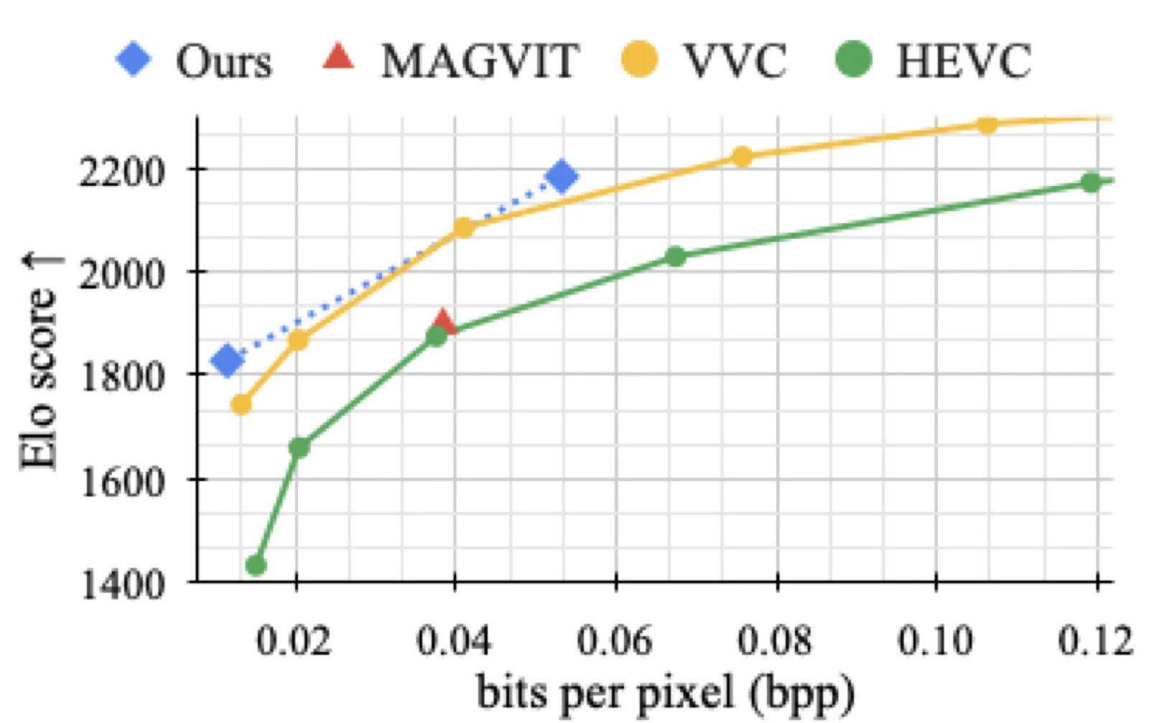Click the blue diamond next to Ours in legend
(x=134, y=60)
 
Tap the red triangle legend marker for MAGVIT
(x=338, y=57)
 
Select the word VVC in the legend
(x=735, y=61)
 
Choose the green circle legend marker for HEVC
(x=853, y=59)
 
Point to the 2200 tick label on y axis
(x=121, y=172)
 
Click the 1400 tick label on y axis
(x=121, y=584)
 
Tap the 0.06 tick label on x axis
(x=615, y=640)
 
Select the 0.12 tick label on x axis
(x=1096, y=640)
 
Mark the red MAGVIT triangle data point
(x=443, y=321)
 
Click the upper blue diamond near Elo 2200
(x=562, y=177)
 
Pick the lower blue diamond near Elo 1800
(x=227, y=360)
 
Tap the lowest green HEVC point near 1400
(x=256, y=566)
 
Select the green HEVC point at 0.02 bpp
(x=299, y=447)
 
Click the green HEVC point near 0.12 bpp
(x=1091, y=182)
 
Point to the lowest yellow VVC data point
(x=241, y=404)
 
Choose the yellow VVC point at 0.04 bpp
(x=463, y=227)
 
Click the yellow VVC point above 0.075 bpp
(x=742, y=157)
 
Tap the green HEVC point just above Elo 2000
(x=676, y=256)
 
